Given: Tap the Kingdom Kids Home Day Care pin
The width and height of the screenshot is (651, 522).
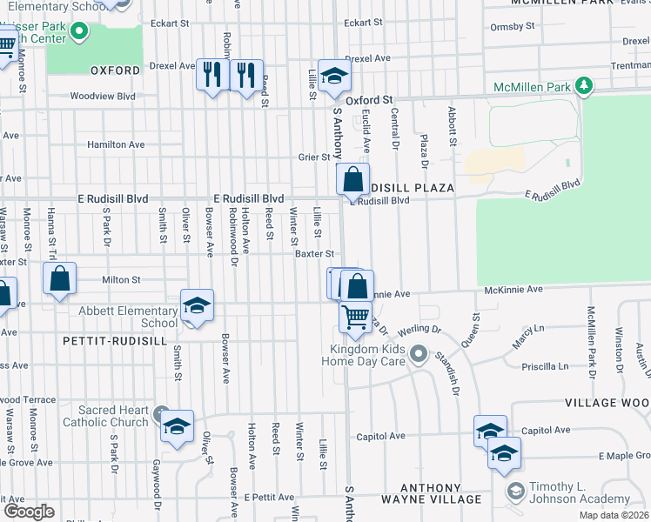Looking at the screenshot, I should pos(419,354).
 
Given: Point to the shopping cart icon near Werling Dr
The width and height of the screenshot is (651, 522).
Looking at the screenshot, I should pos(354,318).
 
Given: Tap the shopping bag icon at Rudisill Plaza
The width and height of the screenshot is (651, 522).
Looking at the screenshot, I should pos(353,180).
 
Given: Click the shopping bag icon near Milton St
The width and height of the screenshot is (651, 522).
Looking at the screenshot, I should pos(59,279).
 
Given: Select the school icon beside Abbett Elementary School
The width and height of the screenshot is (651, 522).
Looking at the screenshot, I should pos(198,306).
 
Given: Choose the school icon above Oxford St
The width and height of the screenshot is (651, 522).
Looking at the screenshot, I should pos(334,77).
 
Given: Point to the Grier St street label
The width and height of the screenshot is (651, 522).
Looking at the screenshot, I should pos(315,157).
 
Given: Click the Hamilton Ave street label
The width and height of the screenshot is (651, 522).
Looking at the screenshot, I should pos(116,144).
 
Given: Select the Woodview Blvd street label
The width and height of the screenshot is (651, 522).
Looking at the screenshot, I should pos(104,96).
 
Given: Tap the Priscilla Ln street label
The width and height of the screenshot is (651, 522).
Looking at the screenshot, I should pos(545,367).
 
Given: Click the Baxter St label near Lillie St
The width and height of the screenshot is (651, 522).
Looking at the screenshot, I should pos(314,254).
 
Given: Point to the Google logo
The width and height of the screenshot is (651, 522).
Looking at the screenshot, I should pos(28,511).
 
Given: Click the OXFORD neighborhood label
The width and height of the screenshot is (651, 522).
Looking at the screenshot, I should pos(114,70).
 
